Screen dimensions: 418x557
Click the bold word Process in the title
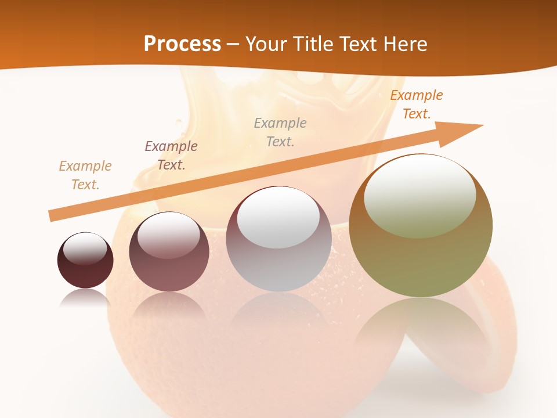pos(182,44)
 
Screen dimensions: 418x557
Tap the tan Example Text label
pos(85,175)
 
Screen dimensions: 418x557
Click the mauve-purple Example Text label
pos(171,156)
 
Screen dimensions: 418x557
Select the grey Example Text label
pos(280,132)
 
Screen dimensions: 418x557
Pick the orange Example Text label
pos(416,105)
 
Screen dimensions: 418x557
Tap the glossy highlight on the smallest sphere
pos(85,248)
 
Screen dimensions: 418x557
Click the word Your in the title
pos(263,44)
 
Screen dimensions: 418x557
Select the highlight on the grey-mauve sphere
pos(278,218)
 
